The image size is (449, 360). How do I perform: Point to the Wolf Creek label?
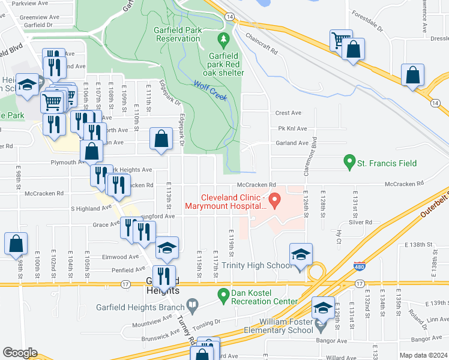coord(211,90)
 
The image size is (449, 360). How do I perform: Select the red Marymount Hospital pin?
coord(275,201)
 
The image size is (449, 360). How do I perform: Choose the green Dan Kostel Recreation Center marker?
coord(223,294)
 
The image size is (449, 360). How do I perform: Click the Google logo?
coord(20,353)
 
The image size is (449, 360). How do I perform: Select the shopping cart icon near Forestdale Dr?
coord(340,41)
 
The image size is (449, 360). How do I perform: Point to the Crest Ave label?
coord(288,113)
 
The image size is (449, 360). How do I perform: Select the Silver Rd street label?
coord(360,221)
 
